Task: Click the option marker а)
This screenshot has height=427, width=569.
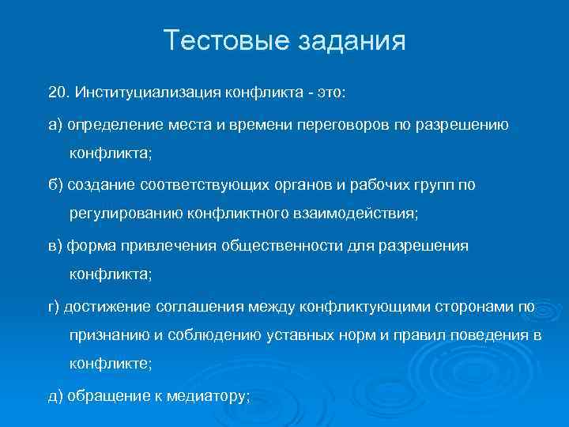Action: pyautogui.click(x=55, y=126)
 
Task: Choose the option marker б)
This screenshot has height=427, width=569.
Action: pyautogui.click(x=55, y=184)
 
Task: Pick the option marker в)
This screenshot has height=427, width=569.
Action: pyautogui.click(x=55, y=245)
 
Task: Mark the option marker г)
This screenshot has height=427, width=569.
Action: pyautogui.click(x=55, y=306)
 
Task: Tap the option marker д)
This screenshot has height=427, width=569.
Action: pyautogui.click(x=55, y=396)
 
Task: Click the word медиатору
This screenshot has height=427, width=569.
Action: pyautogui.click(x=204, y=396)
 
